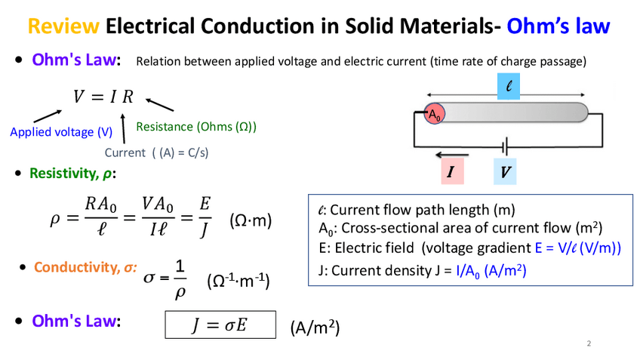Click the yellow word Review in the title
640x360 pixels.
coord(63,27)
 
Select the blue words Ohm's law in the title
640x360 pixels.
coord(558,27)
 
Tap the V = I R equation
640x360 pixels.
coord(103,97)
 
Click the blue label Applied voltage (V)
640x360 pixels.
coord(61,132)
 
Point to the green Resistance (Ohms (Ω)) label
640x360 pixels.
coord(196,126)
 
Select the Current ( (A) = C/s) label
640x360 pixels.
coord(156,152)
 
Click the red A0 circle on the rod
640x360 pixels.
coord(434,114)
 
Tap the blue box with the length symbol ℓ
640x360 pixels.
coord(509,87)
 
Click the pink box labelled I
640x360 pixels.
coord(451,172)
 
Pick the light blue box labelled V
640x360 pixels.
coord(505,172)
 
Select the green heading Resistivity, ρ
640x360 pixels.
coord(73,174)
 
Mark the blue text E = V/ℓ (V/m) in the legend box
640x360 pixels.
coord(577,248)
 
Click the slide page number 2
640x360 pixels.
coord(589,344)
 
